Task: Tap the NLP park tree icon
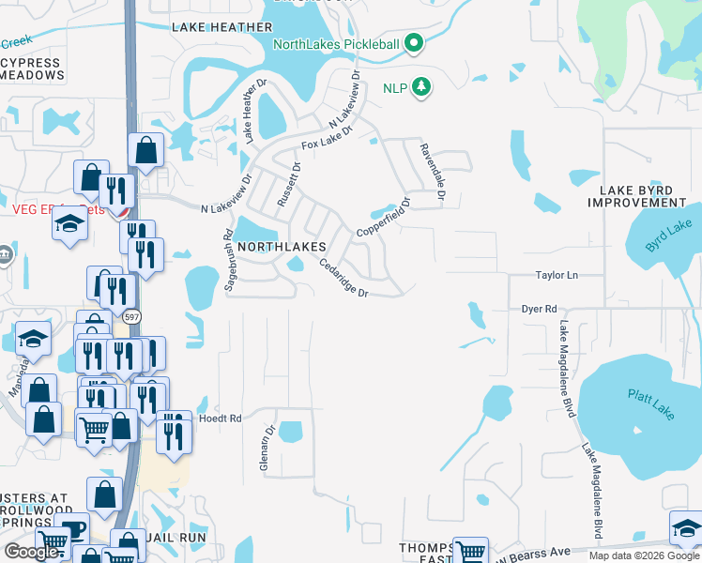(x=422, y=87)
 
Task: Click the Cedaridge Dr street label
(x=343, y=278)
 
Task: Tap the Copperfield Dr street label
(x=383, y=217)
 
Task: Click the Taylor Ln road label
(x=557, y=276)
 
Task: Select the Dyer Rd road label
(x=540, y=308)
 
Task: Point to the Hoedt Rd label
(x=222, y=418)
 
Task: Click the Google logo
(x=33, y=552)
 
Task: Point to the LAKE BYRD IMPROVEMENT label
(x=643, y=196)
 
